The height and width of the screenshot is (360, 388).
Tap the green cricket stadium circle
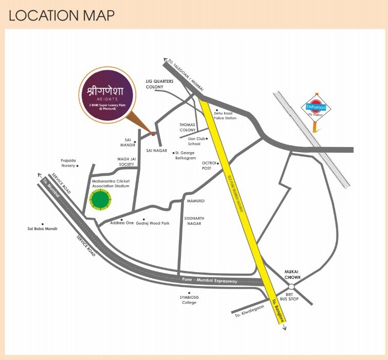point(100,199)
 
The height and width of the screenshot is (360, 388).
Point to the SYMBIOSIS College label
point(189,300)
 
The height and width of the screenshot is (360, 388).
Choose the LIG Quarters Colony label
point(160,84)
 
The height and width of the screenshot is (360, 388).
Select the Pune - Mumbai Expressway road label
point(210,281)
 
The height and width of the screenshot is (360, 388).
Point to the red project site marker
point(153,134)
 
